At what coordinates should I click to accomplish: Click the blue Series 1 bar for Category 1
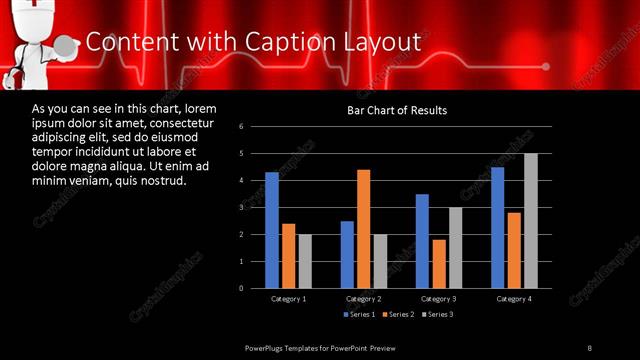[x=272, y=230]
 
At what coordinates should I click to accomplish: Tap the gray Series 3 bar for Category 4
[x=531, y=220]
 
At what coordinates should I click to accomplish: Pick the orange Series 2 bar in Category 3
[x=438, y=263]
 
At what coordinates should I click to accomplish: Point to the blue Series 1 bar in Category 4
[x=497, y=227]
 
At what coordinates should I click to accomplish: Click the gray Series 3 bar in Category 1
[x=305, y=261]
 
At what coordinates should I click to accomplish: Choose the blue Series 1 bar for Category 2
[x=347, y=254]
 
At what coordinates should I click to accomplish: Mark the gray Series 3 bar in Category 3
[x=455, y=247]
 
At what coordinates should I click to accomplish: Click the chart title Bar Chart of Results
[x=397, y=110]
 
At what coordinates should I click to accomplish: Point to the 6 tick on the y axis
[x=241, y=127]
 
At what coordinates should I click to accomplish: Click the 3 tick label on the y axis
[x=241, y=207]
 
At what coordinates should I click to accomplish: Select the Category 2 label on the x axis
[x=364, y=299]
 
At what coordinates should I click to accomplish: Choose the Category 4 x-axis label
[x=514, y=299]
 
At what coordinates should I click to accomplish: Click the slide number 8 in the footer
[x=589, y=347]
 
